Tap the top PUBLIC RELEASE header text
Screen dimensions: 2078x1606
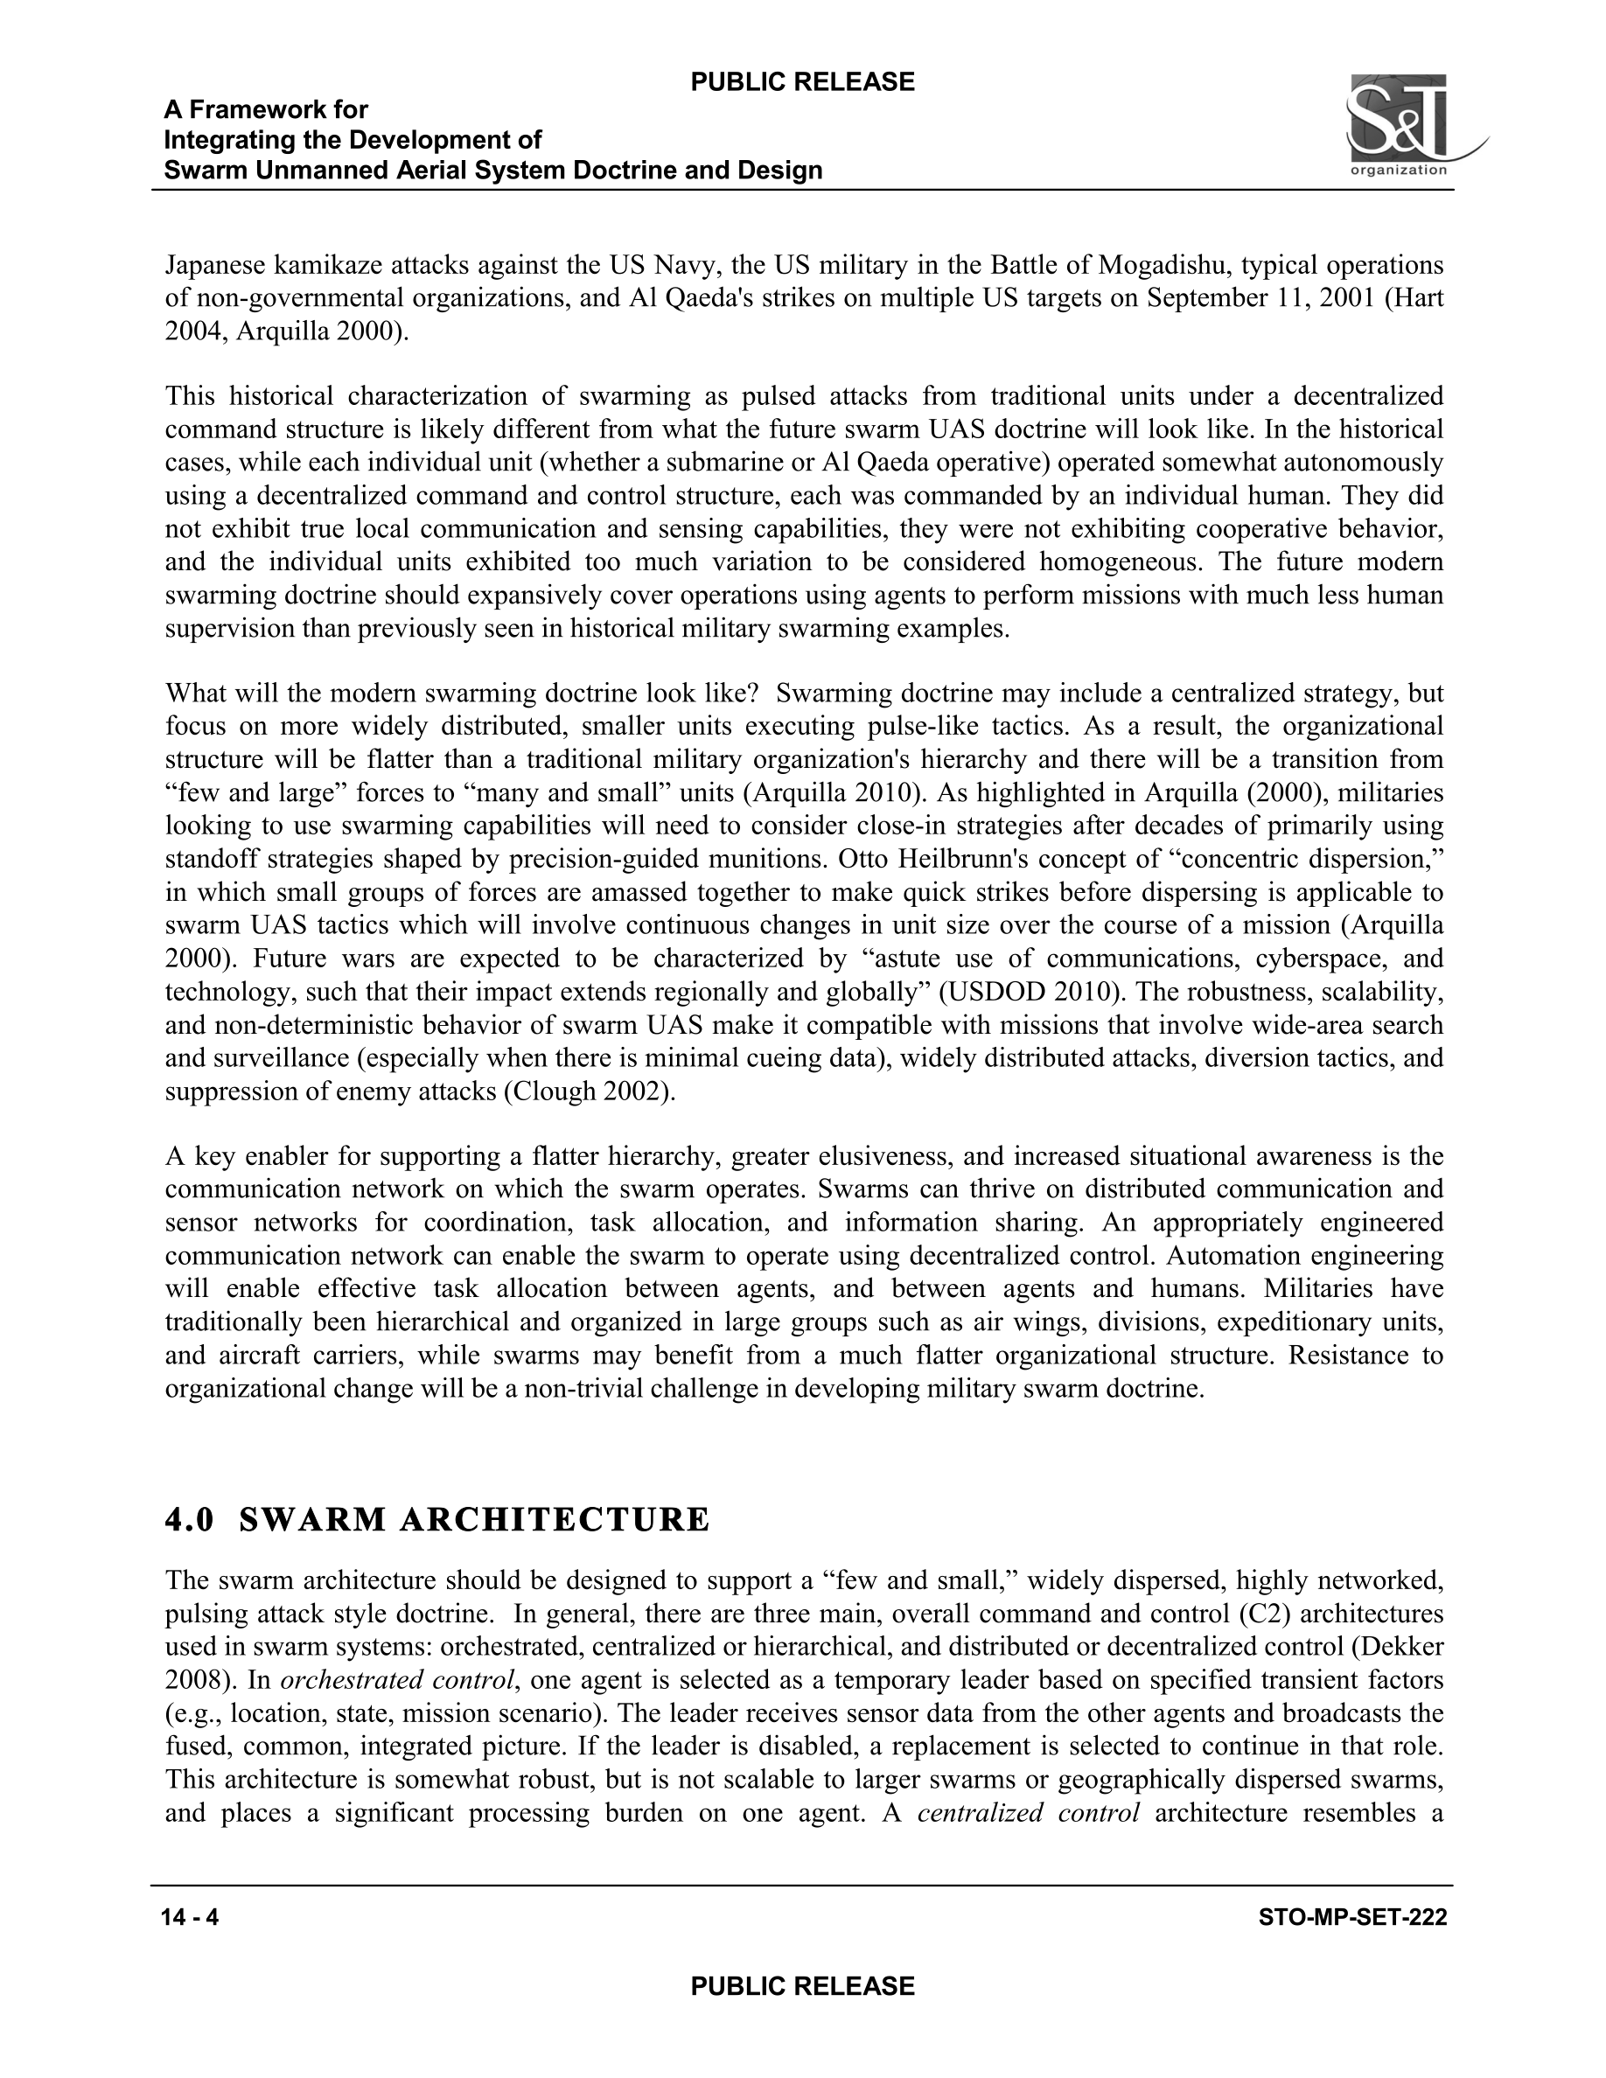pyautogui.click(x=802, y=82)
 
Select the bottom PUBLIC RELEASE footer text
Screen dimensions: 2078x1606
pyautogui.click(x=802, y=1985)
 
